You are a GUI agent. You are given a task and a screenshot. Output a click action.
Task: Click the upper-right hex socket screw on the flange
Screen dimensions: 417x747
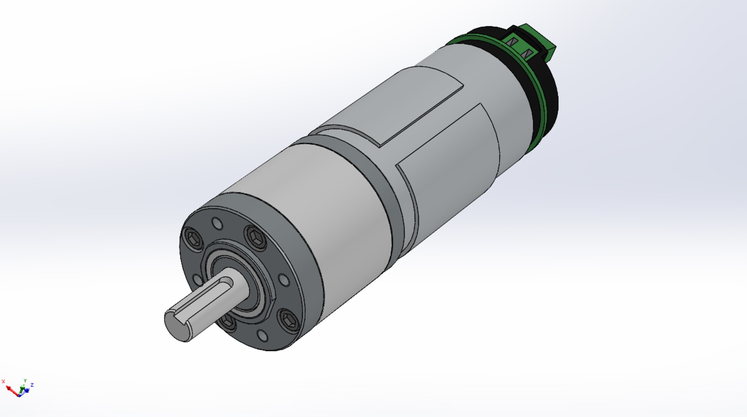(256, 236)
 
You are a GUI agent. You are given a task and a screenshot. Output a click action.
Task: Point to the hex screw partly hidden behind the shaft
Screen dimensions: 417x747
(228, 322)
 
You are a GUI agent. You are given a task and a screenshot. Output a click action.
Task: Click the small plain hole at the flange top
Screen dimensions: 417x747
(217, 224)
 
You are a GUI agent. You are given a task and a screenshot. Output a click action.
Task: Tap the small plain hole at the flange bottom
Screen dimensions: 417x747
(263, 335)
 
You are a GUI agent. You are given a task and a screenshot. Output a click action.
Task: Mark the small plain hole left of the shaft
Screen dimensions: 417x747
(197, 279)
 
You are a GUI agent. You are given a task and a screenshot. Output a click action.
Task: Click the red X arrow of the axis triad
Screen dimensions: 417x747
(10, 389)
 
